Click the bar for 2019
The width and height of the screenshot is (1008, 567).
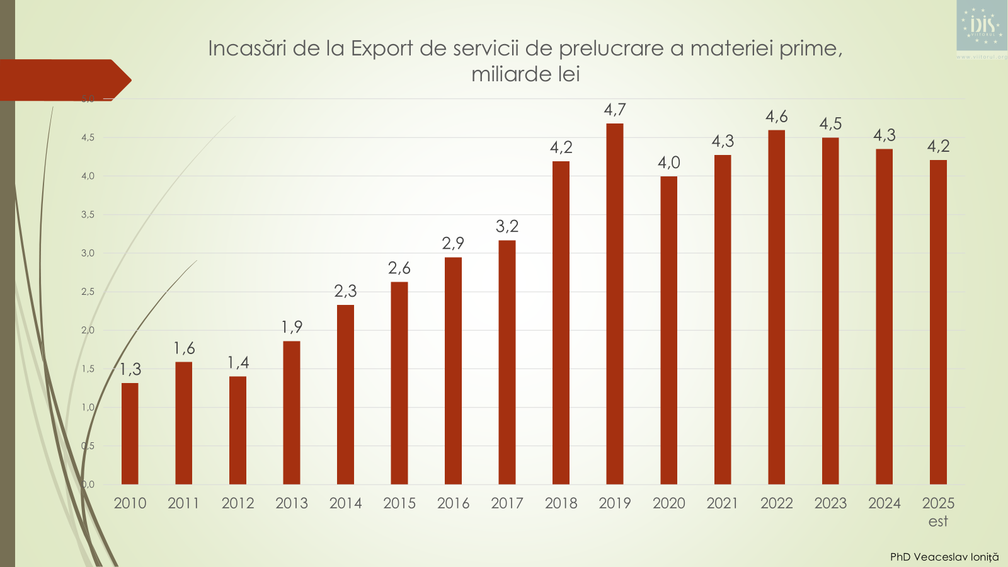tap(614, 304)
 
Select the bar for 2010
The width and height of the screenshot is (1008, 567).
tap(130, 433)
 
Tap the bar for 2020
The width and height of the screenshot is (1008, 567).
tap(668, 330)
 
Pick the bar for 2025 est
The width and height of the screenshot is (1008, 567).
tap(938, 322)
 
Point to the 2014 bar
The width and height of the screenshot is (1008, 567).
tap(345, 394)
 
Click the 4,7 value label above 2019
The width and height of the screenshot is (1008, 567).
tap(615, 110)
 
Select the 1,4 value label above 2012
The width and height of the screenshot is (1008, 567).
tap(238, 362)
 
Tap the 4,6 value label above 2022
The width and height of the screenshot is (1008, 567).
tap(777, 117)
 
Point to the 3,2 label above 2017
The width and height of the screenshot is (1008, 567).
tap(507, 226)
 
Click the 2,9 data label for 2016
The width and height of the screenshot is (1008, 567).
tap(453, 243)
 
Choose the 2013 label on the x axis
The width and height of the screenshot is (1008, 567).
tap(292, 503)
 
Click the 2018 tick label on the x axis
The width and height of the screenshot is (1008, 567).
tap(561, 503)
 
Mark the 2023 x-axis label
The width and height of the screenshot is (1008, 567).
tap(830, 503)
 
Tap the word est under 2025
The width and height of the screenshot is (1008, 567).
tap(938, 521)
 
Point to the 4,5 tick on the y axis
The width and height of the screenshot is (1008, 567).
tap(88, 137)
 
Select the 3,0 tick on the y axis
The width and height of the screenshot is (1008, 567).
tap(88, 253)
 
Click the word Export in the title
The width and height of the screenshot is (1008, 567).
tap(382, 49)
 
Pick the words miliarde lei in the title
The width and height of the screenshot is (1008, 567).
tap(525, 74)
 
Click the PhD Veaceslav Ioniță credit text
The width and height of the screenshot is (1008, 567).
tap(944, 557)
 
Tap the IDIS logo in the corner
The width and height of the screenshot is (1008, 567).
tap(982, 26)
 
